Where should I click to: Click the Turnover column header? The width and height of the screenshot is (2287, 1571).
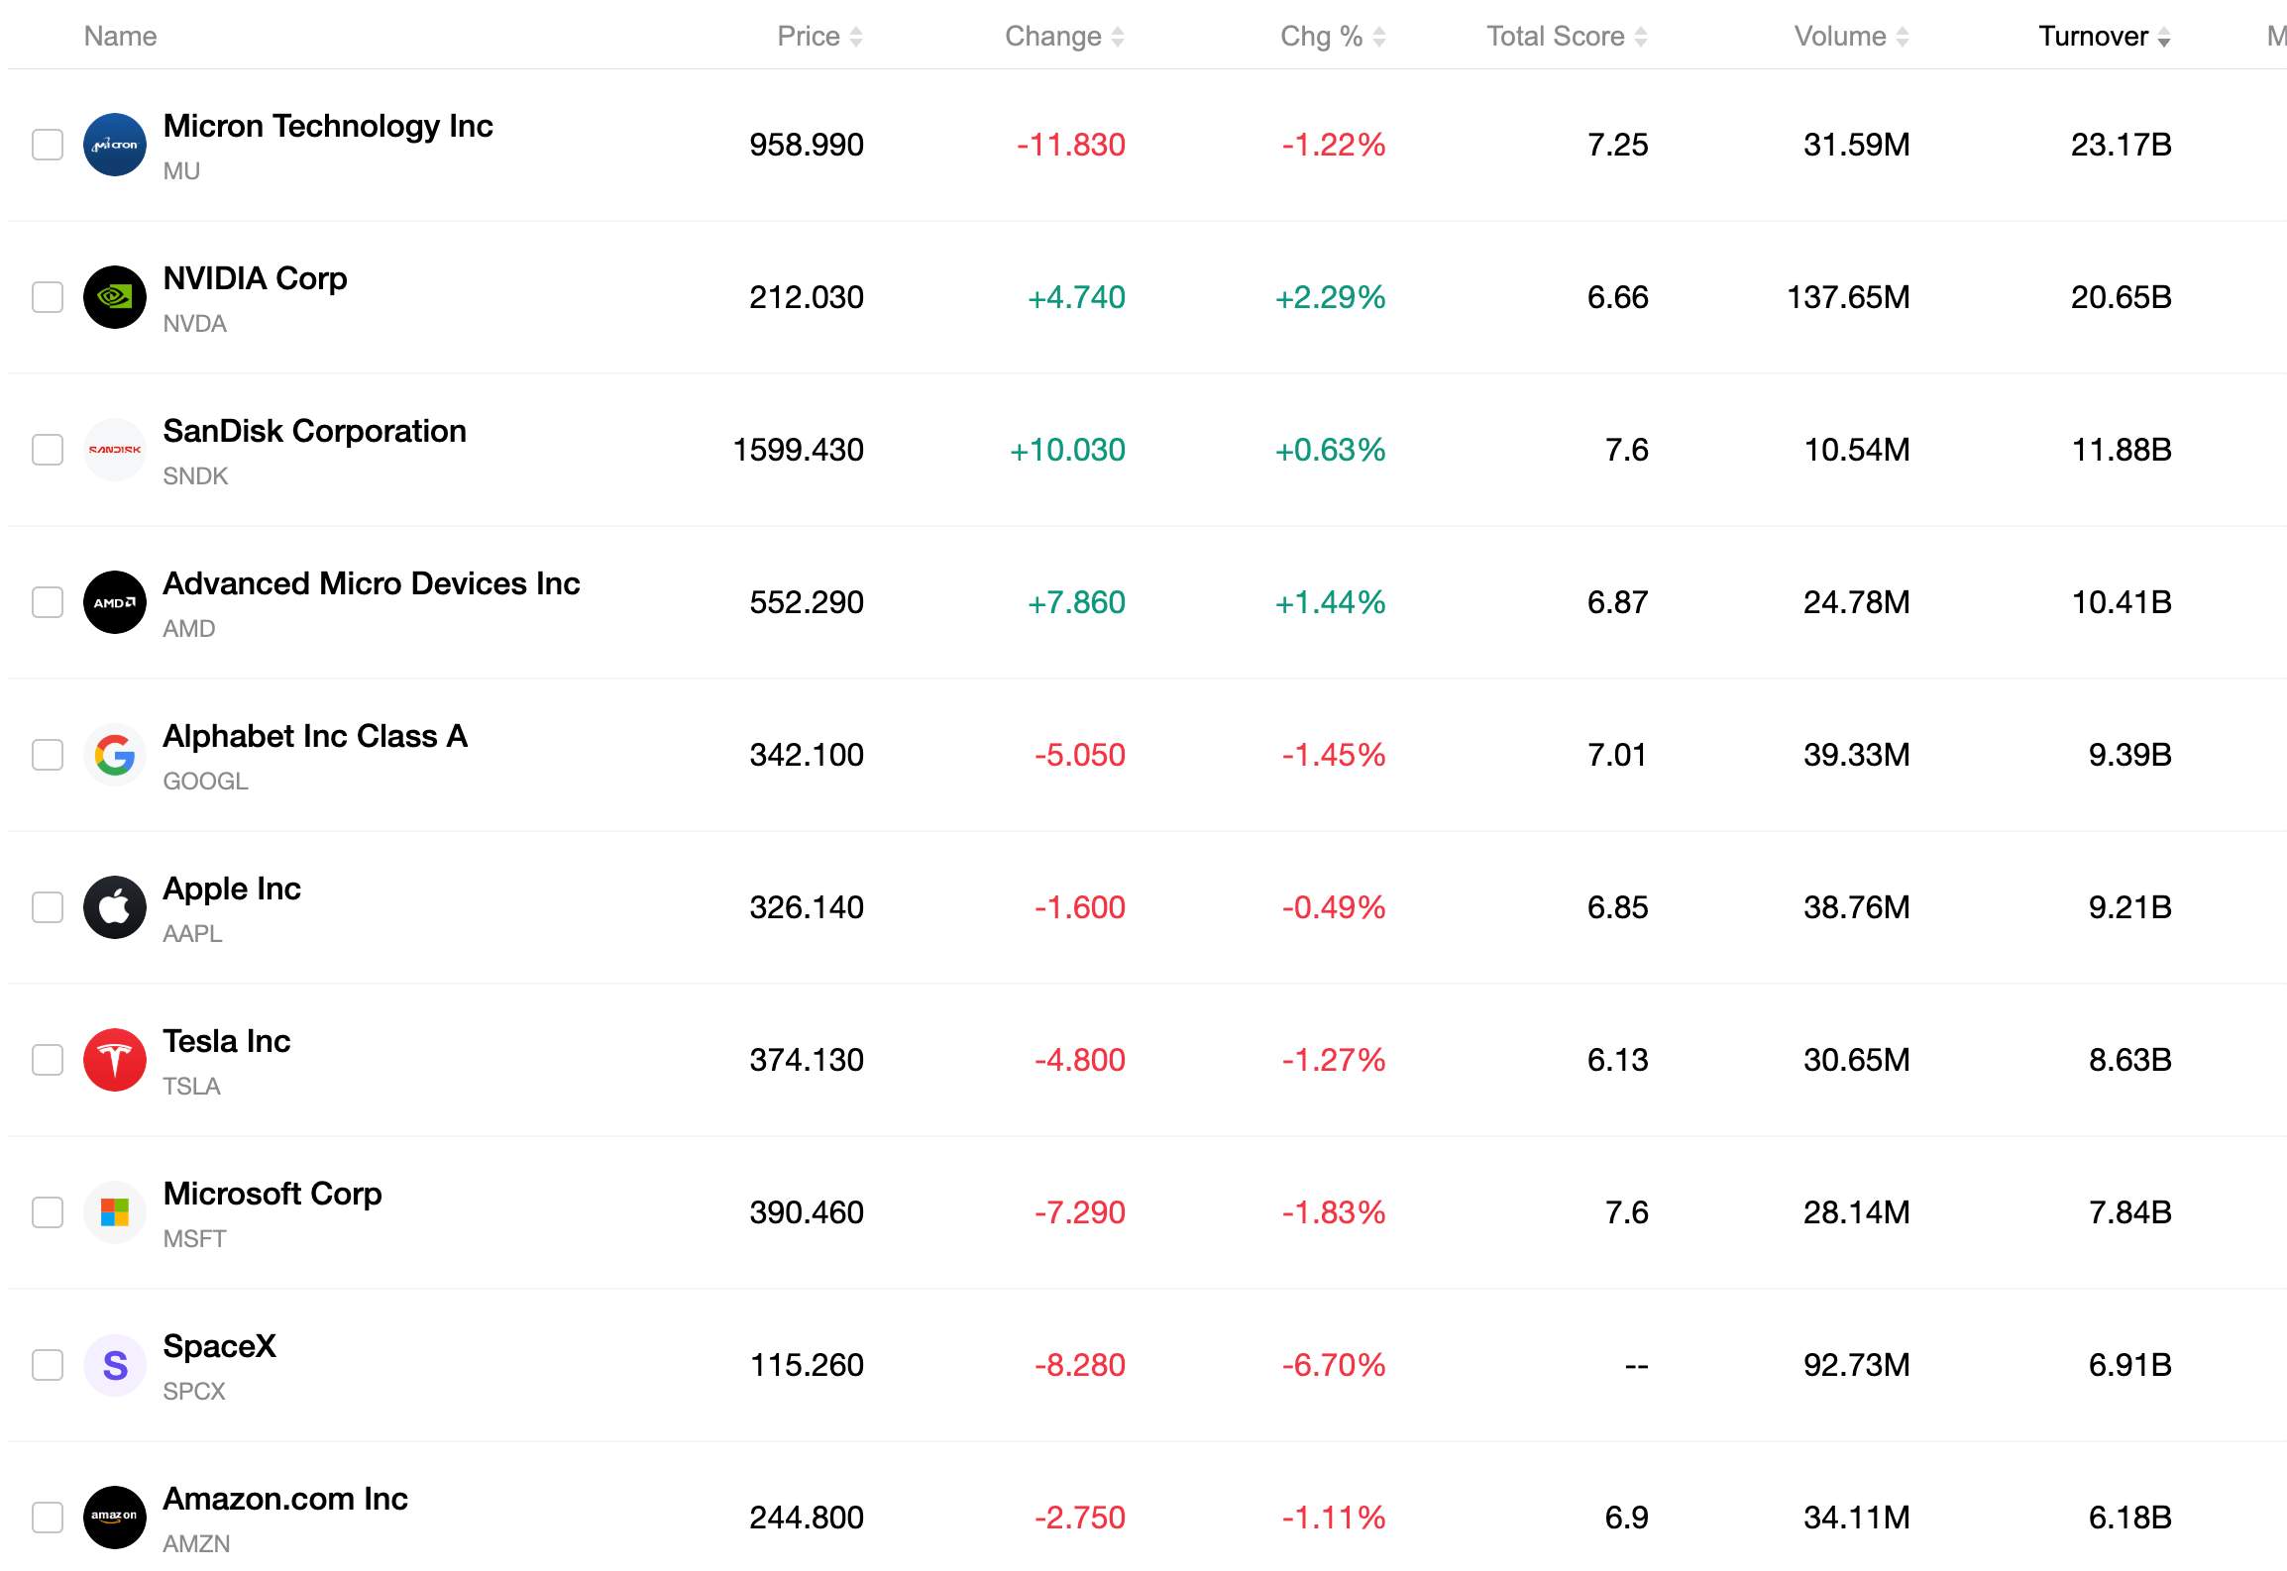point(2093,37)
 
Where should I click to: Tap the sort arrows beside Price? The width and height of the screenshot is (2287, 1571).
point(856,38)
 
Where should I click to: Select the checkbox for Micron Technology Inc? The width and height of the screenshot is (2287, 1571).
point(48,145)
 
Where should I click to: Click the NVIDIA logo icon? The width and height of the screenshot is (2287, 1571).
point(115,297)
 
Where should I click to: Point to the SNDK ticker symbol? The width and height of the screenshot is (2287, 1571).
point(195,476)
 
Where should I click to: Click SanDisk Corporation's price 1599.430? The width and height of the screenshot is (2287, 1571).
point(798,450)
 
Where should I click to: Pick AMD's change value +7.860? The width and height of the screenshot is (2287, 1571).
point(1076,602)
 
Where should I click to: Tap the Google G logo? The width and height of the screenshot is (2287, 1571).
point(115,755)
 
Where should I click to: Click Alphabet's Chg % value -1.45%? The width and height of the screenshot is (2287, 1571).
point(1333,755)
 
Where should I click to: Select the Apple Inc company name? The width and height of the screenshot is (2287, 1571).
point(232,889)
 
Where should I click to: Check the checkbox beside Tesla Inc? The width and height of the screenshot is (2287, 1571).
point(48,1060)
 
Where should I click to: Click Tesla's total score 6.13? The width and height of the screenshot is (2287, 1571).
point(1617,1060)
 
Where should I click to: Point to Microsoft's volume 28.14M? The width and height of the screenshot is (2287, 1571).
point(1856,1212)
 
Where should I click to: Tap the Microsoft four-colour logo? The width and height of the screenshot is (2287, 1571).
point(115,1212)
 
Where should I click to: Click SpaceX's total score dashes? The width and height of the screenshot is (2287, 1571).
point(1636,1366)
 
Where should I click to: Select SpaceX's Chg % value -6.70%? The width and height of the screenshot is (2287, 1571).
point(1333,1365)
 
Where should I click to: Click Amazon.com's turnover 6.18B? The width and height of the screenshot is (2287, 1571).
point(2129,1518)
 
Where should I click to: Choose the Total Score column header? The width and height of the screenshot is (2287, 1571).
point(1555,37)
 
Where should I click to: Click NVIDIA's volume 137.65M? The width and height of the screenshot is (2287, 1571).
point(1848,297)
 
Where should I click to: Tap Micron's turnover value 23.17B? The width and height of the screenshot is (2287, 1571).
point(2121,145)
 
